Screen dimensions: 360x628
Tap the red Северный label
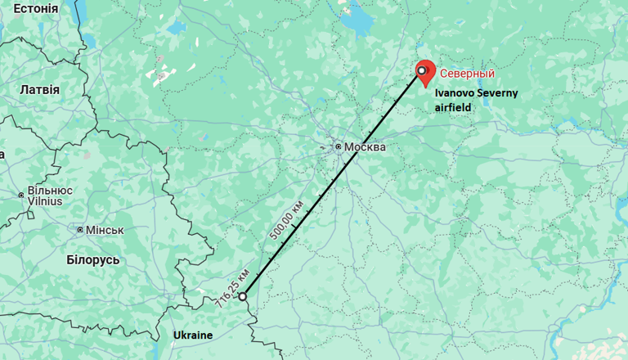[468, 74]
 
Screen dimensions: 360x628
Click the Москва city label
[365, 147]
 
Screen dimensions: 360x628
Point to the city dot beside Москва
[338, 146]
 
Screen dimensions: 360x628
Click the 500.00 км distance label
[287, 219]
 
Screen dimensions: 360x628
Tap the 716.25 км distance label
[233, 287]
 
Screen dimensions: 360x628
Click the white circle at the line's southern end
[242, 296]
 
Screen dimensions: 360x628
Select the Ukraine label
[193, 335]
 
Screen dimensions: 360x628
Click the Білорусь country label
[93, 259]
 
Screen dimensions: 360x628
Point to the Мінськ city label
[105, 230]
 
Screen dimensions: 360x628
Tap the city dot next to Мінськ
[80, 230]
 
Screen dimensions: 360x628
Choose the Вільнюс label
[50, 190]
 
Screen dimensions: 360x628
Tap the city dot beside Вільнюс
[21, 196]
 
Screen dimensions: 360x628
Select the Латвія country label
[39, 88]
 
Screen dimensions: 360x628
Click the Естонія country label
[36, 8]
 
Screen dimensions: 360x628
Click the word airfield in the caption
[454, 106]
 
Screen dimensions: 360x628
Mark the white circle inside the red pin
[422, 70]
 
